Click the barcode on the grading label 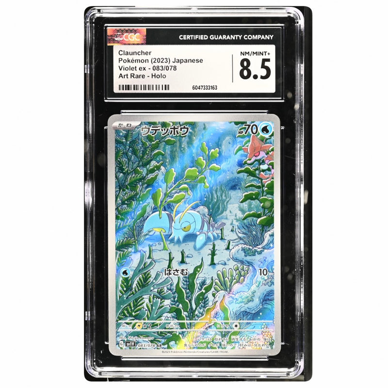[x=145, y=88]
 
